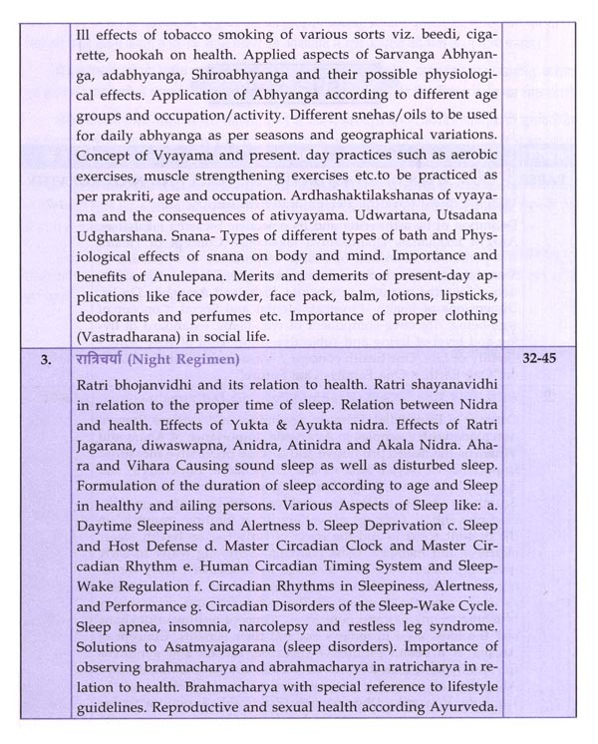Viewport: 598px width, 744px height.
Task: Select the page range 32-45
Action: pyautogui.click(x=547, y=356)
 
